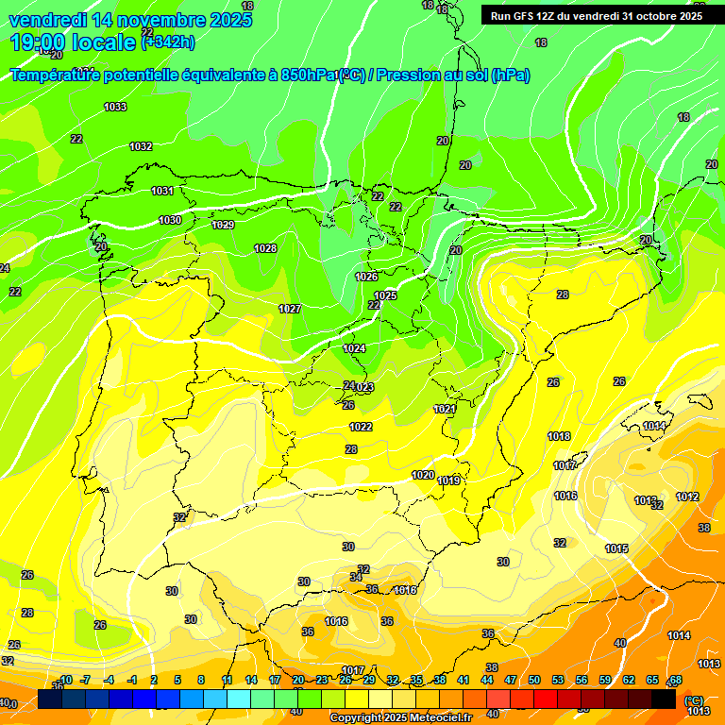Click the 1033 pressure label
click(115, 107)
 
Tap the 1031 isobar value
click(162, 191)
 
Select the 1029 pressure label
click(223, 225)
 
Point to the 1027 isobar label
click(290, 309)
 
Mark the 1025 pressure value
click(385, 295)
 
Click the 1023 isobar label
click(363, 387)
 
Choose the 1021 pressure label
click(445, 409)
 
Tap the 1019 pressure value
click(449, 481)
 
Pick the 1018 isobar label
click(559, 436)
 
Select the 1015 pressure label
click(617, 548)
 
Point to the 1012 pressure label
click(687, 497)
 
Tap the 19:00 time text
click(40, 42)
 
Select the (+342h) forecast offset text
click(168, 41)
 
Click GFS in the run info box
click(528, 16)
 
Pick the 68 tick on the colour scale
click(676, 680)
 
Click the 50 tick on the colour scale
click(534, 680)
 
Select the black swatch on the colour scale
click(664, 699)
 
